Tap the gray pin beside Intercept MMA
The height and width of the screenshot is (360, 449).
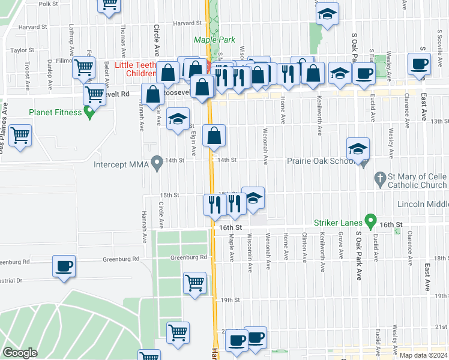coord(157,162)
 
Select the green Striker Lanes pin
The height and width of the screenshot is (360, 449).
coord(370,221)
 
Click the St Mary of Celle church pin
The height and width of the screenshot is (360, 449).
coord(379,178)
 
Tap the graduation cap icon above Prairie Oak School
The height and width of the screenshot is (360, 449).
coord(358,149)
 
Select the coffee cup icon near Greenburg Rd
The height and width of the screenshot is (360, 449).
coord(64,266)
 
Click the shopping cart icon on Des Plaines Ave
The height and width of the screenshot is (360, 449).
coord(20,136)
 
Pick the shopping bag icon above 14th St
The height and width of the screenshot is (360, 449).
coord(214,137)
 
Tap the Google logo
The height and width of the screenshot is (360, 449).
coord(20,353)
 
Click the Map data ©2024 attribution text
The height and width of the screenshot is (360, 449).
coord(423,355)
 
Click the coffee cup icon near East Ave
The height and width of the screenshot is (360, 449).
coord(420,64)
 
